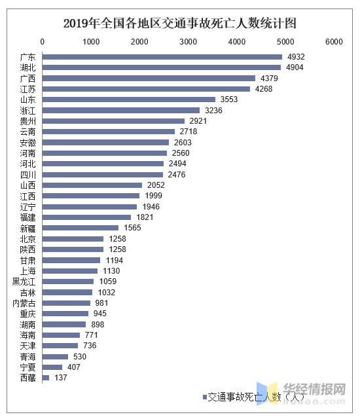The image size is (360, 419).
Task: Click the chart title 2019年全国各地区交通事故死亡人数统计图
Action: coord(179,24)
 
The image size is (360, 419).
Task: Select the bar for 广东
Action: coord(162,57)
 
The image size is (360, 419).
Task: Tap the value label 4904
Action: coord(292,67)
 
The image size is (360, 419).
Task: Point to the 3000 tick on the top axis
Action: coord(189,42)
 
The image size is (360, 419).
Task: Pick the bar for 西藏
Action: coord(46,378)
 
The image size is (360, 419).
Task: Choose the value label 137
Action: coord(61,378)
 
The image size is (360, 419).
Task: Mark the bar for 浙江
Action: coord(121,110)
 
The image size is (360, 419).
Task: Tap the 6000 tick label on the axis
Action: coord(334,42)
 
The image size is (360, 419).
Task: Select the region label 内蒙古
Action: coord(24,303)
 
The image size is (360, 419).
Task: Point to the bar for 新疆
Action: coord(81,228)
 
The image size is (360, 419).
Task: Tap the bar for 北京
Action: coord(73,239)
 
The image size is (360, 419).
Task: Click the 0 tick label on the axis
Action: coord(43,42)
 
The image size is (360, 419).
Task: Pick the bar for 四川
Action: coord(103,174)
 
